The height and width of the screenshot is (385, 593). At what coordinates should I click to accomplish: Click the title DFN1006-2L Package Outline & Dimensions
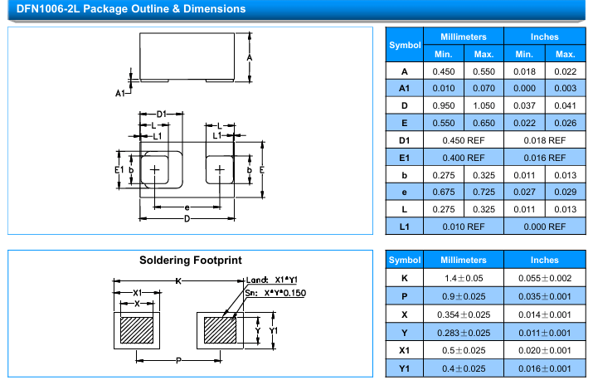126,9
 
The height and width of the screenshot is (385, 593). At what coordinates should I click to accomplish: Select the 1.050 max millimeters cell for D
484,105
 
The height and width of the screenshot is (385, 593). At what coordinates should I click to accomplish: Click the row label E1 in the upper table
405,158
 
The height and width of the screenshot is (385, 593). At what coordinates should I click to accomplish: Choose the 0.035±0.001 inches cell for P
544,296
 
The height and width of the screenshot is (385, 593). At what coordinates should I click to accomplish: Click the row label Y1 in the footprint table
405,369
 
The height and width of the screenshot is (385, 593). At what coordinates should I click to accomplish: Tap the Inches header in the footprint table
544,261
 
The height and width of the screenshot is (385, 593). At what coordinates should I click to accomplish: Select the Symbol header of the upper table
405,45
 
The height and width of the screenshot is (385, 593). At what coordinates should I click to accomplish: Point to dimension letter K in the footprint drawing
177,283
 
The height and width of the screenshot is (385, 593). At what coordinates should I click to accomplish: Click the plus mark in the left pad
154,170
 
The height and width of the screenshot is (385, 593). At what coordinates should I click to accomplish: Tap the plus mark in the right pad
220,170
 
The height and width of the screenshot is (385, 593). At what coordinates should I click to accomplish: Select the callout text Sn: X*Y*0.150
275,293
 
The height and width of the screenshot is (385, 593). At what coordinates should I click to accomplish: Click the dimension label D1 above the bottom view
163,114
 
